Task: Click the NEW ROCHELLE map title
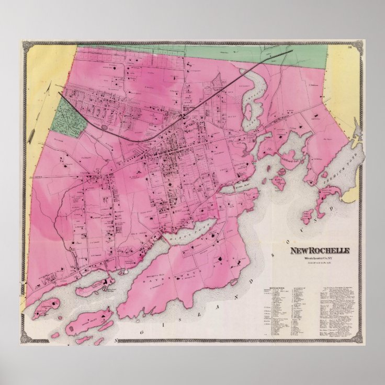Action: tap(321, 250)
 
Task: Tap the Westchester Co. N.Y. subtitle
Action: tap(320, 257)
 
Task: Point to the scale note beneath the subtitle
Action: tap(320, 262)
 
